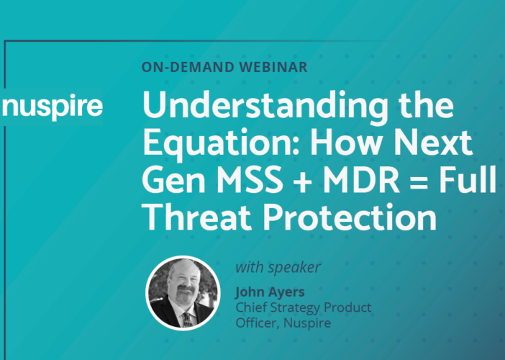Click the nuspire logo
pos(53,107)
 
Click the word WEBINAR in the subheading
pos(273,67)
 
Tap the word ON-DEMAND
pos(188,67)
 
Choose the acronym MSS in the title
pos(250,179)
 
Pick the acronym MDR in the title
pos(361,179)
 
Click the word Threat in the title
pos(196,216)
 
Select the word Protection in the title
pos(350,216)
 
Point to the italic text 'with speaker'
pos(278,267)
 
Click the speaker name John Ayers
pos(270,292)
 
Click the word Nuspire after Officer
pos(307,323)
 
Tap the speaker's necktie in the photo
pos(187,319)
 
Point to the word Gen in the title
pos(173,179)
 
